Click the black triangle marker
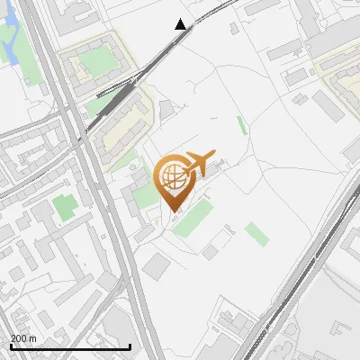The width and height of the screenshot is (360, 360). coord(181,24)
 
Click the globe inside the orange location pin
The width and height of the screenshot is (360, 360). coord(171,176)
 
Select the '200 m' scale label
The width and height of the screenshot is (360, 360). coord(23,338)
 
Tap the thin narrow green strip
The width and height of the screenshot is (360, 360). coord(241,125)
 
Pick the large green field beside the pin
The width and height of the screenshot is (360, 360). coord(193,219)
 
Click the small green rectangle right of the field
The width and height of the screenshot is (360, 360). coord(256,234)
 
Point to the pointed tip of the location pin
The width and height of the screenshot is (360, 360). coord(171,210)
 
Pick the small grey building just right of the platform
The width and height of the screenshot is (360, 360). coord(166,110)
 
